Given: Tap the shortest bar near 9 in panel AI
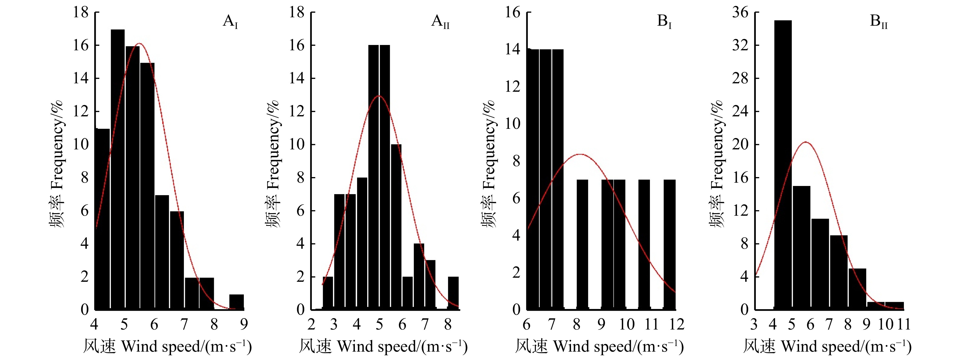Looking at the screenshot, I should click(236, 302).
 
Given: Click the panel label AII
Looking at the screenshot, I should click(440, 21).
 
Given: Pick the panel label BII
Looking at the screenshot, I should click(879, 21).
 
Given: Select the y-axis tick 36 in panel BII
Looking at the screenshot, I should click(740, 12).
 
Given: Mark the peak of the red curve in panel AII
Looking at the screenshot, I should click(379, 96).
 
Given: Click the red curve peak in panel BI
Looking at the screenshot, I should click(580, 154).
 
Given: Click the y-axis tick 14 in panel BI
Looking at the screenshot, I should click(513, 49).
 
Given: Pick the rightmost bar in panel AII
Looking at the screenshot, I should click(453, 293).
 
